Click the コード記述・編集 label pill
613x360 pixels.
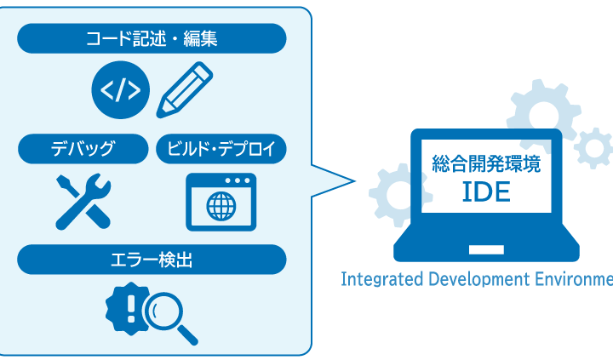pos(152,38)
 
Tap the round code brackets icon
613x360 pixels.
pos(120,89)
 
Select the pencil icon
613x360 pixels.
pos(184,89)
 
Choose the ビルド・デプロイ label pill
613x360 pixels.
pos(221,150)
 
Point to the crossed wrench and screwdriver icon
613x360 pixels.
pos(83,201)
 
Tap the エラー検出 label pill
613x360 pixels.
pos(152,260)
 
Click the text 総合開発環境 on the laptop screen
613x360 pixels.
pos(486,163)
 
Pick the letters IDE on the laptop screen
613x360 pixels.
pos(486,192)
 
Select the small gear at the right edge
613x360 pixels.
pos(593,148)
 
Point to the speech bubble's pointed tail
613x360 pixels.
pos(341,180)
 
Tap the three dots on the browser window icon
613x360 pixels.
pos(238,180)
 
